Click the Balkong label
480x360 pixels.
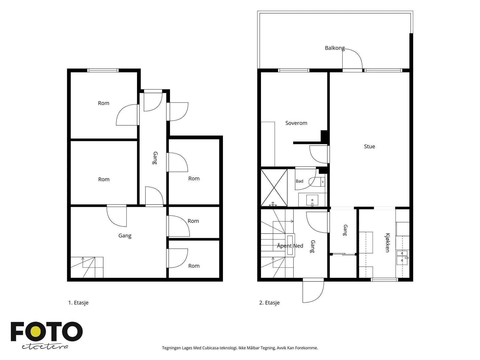pos(334,48)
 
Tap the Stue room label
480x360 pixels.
pos(369,146)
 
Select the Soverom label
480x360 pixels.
pos(296,123)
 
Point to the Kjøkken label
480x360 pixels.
pos(387,243)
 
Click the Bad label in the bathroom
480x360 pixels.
pos(299,181)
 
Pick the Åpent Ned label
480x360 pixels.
pos(290,246)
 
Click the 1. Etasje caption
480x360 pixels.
pos(78,303)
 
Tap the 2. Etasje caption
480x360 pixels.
pos(269,303)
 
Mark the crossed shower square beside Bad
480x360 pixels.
pos(274,187)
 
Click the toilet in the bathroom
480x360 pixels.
pos(317,182)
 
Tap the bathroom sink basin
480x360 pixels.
pos(312,200)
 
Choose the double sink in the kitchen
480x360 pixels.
pos(402,257)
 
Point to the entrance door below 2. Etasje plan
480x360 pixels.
pos(313,290)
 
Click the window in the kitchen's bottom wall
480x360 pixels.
pos(384,280)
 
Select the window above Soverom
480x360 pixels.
pos(294,70)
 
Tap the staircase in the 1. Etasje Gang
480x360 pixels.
pos(87,267)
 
